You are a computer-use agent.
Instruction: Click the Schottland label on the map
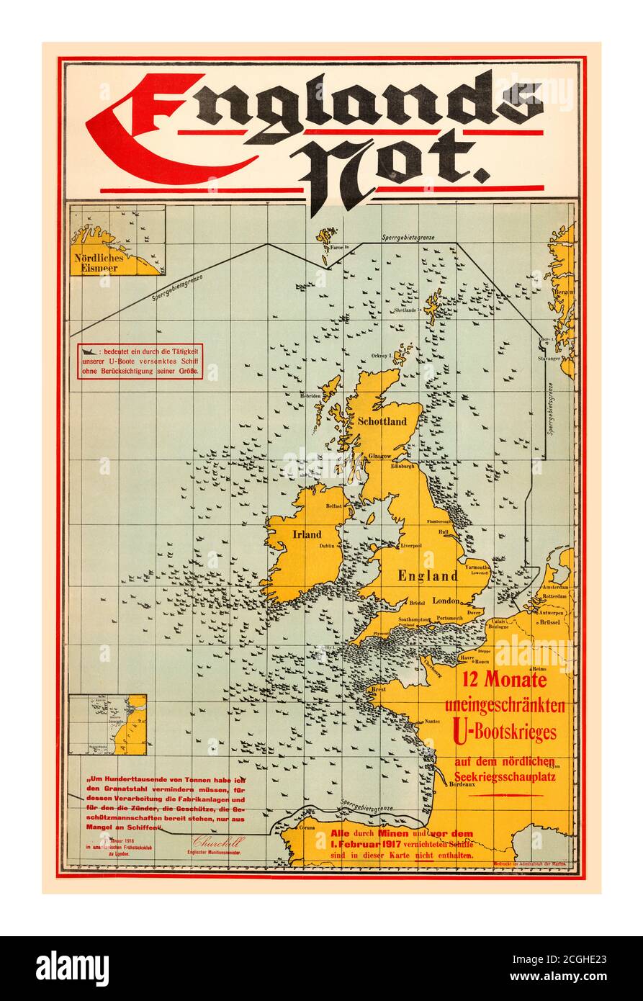click(x=382, y=421)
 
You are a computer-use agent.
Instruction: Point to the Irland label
click(x=307, y=534)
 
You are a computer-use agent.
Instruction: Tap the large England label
click(x=427, y=575)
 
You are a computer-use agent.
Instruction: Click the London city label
click(x=446, y=600)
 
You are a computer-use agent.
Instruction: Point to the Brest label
click(x=377, y=689)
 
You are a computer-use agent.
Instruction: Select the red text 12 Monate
click(x=504, y=679)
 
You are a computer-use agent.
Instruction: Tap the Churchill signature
click(x=218, y=841)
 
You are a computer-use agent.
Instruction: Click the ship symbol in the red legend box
click(x=89, y=351)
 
